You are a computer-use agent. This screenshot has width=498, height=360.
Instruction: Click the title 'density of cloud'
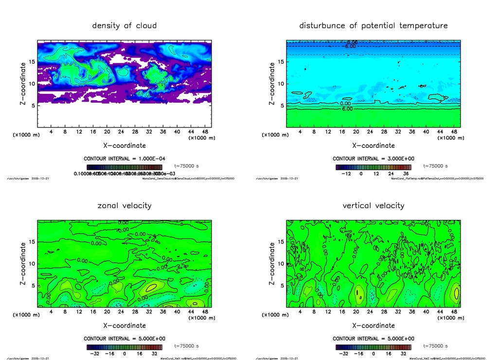(x=124, y=25)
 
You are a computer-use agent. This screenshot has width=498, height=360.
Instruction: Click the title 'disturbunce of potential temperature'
(x=373, y=25)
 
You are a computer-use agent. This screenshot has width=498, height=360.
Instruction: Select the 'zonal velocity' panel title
(x=124, y=205)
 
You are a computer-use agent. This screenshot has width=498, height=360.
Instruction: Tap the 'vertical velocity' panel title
(x=373, y=205)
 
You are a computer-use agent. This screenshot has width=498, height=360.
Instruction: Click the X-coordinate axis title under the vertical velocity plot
(x=373, y=325)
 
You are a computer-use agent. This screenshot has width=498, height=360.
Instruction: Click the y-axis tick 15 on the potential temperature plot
(x=281, y=62)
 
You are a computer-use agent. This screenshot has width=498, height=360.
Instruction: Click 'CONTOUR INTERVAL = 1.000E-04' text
(x=124, y=159)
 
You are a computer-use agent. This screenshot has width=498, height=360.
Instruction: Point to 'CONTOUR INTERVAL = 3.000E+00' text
(x=373, y=159)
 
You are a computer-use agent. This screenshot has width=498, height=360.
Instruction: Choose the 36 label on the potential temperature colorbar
(x=405, y=173)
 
